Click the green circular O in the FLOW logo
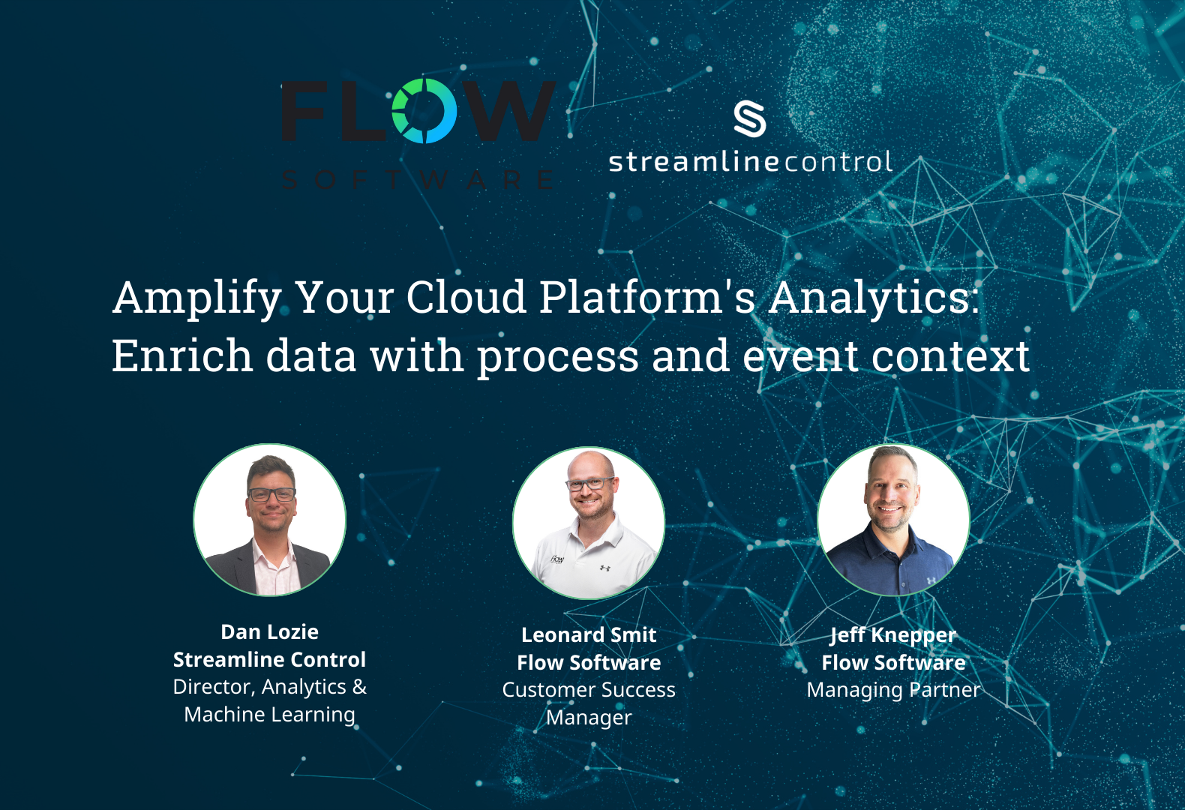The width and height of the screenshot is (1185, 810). pyautogui.click(x=424, y=111)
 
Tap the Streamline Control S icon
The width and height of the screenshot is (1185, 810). pyautogui.click(x=749, y=119)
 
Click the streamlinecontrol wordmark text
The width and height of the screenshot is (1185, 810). pyautogui.click(x=750, y=162)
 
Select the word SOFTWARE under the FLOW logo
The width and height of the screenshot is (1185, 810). pyautogui.click(x=417, y=180)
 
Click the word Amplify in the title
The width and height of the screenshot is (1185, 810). pyautogui.click(x=197, y=298)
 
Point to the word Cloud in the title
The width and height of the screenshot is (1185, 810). pyautogui.click(x=466, y=297)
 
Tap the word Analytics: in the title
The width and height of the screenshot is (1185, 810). pyautogui.click(x=874, y=298)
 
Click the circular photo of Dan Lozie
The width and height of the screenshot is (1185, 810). pyautogui.click(x=270, y=520)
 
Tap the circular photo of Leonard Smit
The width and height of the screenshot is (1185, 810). pyautogui.click(x=589, y=523)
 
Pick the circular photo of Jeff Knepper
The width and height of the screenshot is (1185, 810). pyautogui.click(x=893, y=520)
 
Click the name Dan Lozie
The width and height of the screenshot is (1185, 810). pyautogui.click(x=270, y=632)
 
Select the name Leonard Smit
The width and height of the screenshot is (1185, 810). pyautogui.click(x=589, y=635)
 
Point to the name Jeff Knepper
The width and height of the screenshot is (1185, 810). pyautogui.click(x=893, y=635)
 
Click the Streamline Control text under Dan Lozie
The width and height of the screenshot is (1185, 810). pyautogui.click(x=270, y=660)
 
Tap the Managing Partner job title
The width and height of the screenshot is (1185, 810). pyautogui.click(x=893, y=690)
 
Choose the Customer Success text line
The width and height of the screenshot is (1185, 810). pyautogui.click(x=589, y=690)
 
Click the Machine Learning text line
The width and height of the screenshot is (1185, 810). pyautogui.click(x=270, y=715)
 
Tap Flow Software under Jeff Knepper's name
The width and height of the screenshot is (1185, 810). pyautogui.click(x=893, y=663)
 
